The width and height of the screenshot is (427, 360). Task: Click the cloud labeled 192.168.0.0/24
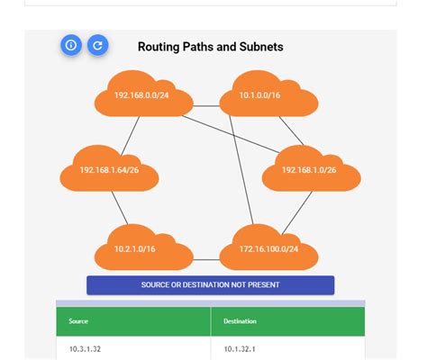pyautogui.click(x=141, y=95)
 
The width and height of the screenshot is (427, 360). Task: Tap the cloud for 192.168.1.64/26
pyautogui.click(x=108, y=169)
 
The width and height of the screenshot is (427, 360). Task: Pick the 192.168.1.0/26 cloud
pyautogui.click(x=310, y=169)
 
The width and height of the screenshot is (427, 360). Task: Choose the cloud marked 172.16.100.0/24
pyautogui.click(x=268, y=248)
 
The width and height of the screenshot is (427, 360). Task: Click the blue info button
pyautogui.click(x=71, y=45)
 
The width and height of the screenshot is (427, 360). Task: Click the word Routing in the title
pyautogui.click(x=159, y=47)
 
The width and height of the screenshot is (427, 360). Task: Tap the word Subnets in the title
pyautogui.click(x=259, y=47)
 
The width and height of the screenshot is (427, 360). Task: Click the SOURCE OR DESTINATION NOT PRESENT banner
pyautogui.click(x=210, y=285)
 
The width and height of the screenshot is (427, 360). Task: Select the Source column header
pyautogui.click(x=79, y=320)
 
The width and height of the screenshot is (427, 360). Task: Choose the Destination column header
pyautogui.click(x=240, y=320)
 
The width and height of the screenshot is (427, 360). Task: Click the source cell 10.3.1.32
pyautogui.click(x=86, y=348)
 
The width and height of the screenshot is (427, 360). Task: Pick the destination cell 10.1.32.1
pyautogui.click(x=241, y=348)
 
